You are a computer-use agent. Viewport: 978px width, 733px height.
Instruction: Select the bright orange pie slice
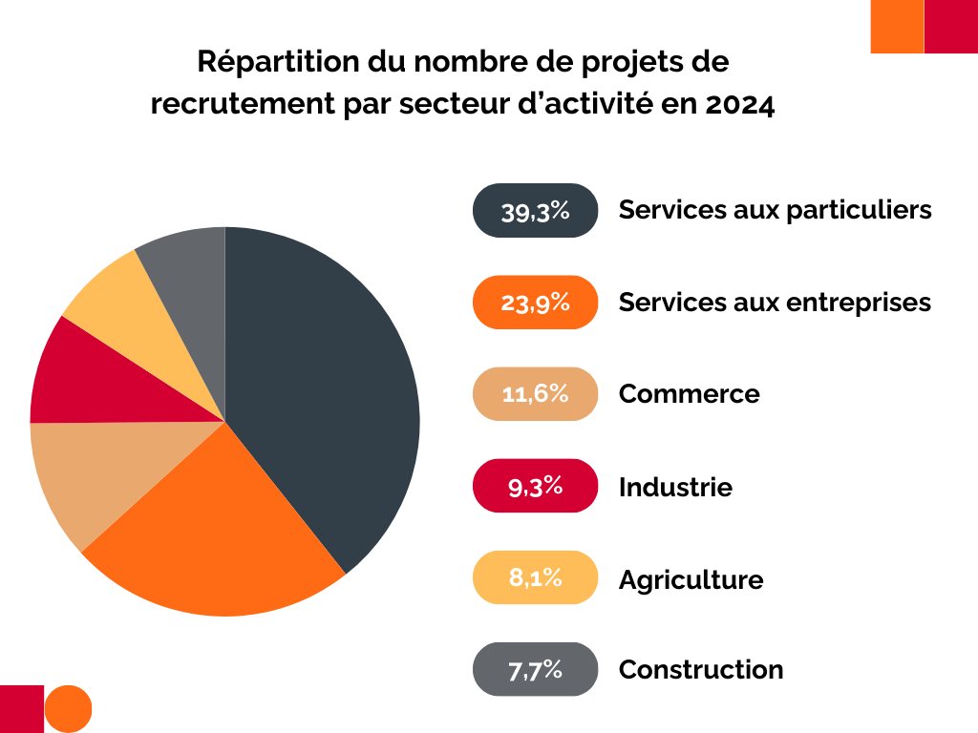pyautogui.click(x=220, y=534)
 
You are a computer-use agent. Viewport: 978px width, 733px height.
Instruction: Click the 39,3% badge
pyautogui.click(x=535, y=211)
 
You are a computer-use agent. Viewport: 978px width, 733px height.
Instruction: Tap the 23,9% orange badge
pyautogui.click(x=535, y=303)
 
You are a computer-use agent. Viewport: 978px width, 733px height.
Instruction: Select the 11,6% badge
pyautogui.click(x=535, y=393)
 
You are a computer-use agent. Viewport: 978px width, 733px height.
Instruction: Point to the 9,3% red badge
pyautogui.click(x=535, y=486)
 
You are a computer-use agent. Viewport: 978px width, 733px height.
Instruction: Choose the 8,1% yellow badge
pyautogui.click(x=535, y=577)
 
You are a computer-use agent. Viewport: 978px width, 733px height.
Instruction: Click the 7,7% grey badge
pyautogui.click(x=535, y=669)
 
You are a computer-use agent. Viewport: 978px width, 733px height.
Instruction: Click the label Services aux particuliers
pyautogui.click(x=775, y=210)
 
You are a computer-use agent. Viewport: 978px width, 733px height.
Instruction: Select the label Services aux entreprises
pyautogui.click(x=775, y=303)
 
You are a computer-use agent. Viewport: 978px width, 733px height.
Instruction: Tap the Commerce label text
pyautogui.click(x=689, y=393)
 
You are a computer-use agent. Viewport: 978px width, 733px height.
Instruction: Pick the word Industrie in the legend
pyautogui.click(x=675, y=487)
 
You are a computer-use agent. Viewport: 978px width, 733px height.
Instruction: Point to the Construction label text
pyautogui.click(x=701, y=670)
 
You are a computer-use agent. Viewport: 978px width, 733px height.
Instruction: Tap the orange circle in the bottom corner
pyautogui.click(x=69, y=708)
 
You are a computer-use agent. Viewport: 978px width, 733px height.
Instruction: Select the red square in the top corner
pyautogui.click(x=951, y=27)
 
